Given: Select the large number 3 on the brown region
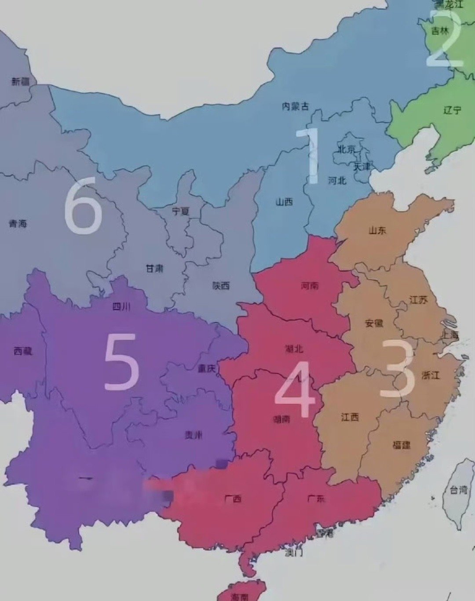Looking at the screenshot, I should (397, 368).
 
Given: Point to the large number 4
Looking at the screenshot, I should (295, 389).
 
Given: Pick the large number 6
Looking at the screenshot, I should (84, 205).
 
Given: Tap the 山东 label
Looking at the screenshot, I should (377, 230).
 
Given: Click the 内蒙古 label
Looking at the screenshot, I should (295, 106).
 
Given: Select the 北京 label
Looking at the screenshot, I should (347, 149).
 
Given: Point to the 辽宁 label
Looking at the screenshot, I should (452, 110).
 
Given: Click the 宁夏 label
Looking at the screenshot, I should (180, 211).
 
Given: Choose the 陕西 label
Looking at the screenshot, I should (221, 286).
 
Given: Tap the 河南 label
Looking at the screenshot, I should (310, 286).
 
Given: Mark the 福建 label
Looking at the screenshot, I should (401, 445).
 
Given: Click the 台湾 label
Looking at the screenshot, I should (458, 489).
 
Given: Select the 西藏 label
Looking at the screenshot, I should (23, 351).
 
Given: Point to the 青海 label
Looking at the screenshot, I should (18, 224).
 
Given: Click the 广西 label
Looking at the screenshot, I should (233, 499).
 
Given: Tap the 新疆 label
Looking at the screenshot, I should (20, 81).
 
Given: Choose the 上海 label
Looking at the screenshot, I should (450, 335).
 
